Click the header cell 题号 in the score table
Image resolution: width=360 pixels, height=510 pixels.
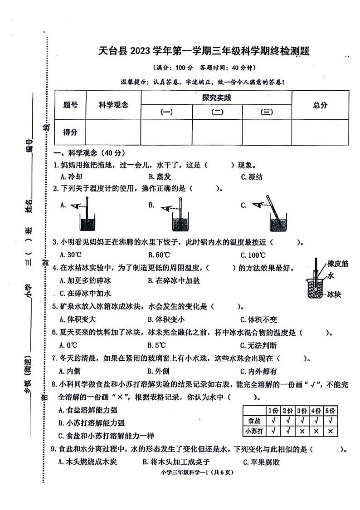pyautogui.click(x=70, y=105)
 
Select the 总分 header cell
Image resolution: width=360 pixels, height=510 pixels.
pyautogui.click(x=320, y=105)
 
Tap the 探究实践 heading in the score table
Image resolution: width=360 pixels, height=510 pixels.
pyautogui.click(x=216, y=97)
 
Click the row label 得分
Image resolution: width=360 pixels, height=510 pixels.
pyautogui.click(x=70, y=132)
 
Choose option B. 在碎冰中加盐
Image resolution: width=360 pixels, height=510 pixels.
pyautogui.click(x=174, y=280)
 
